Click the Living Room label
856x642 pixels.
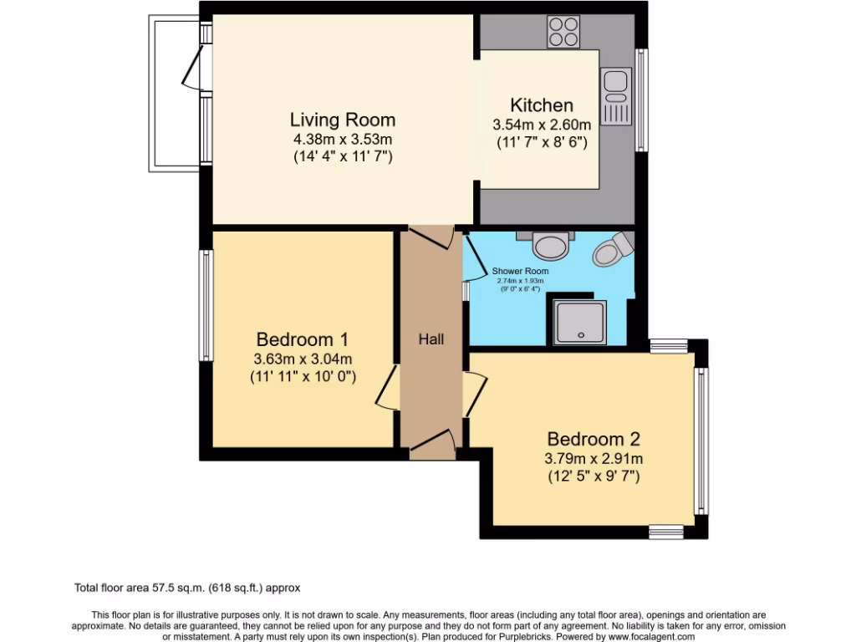tap(342, 120)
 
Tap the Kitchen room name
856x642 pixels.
tap(542, 105)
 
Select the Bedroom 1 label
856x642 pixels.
tap(302, 339)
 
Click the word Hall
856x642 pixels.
tap(431, 339)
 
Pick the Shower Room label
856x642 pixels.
tap(520, 272)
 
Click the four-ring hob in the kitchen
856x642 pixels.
tap(564, 32)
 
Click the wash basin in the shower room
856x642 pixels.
tap(550, 245)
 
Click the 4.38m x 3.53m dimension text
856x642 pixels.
tap(342, 139)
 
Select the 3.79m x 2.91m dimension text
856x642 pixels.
tap(594, 458)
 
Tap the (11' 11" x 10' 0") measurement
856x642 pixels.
tap(303, 377)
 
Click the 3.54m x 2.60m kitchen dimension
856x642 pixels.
tap(542, 125)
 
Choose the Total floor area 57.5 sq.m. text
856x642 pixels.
tap(187, 588)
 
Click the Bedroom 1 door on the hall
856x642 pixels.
tap(387, 386)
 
